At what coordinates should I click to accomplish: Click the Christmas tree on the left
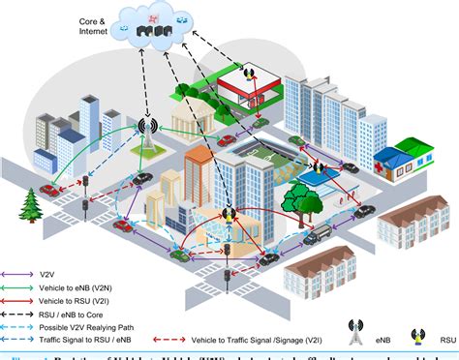30,204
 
